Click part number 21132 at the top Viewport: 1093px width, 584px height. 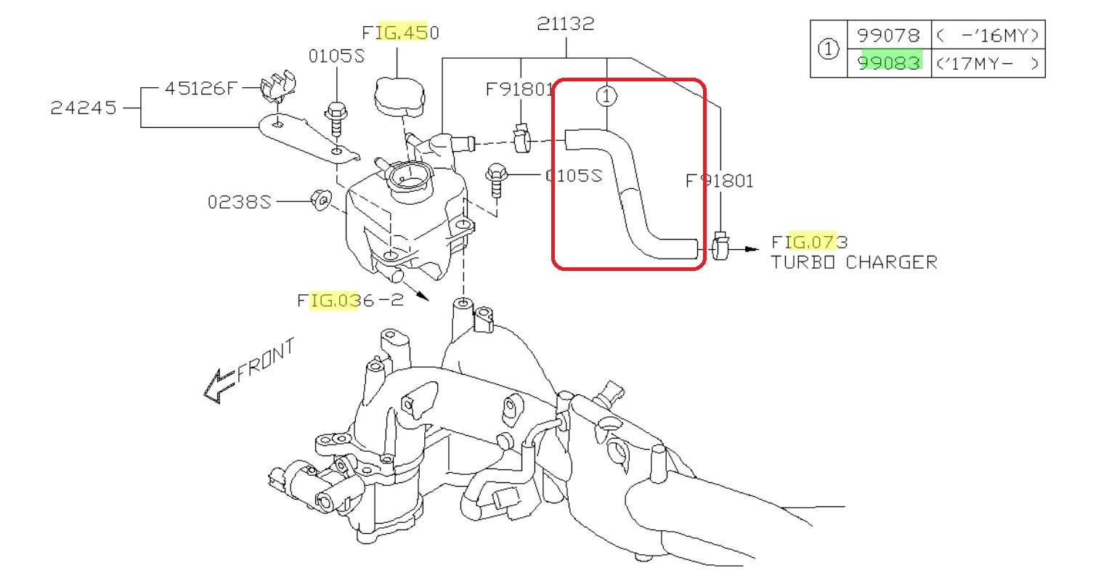click(x=565, y=24)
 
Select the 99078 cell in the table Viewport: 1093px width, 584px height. click(x=888, y=35)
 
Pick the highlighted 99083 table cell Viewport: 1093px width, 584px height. click(x=888, y=63)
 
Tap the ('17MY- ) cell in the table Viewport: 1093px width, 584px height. click(x=987, y=63)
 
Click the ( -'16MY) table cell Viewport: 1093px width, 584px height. click(x=987, y=35)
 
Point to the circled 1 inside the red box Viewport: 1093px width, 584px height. click(x=606, y=95)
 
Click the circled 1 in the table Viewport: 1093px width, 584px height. click(x=829, y=49)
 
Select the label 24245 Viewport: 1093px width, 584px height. click(x=83, y=108)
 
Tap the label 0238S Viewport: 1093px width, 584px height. click(x=239, y=201)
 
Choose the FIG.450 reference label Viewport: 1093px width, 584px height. click(x=400, y=33)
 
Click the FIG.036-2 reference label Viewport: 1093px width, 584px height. click(x=349, y=300)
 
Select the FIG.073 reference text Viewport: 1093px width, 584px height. click(x=809, y=241)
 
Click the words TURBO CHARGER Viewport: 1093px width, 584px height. click(x=853, y=262)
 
